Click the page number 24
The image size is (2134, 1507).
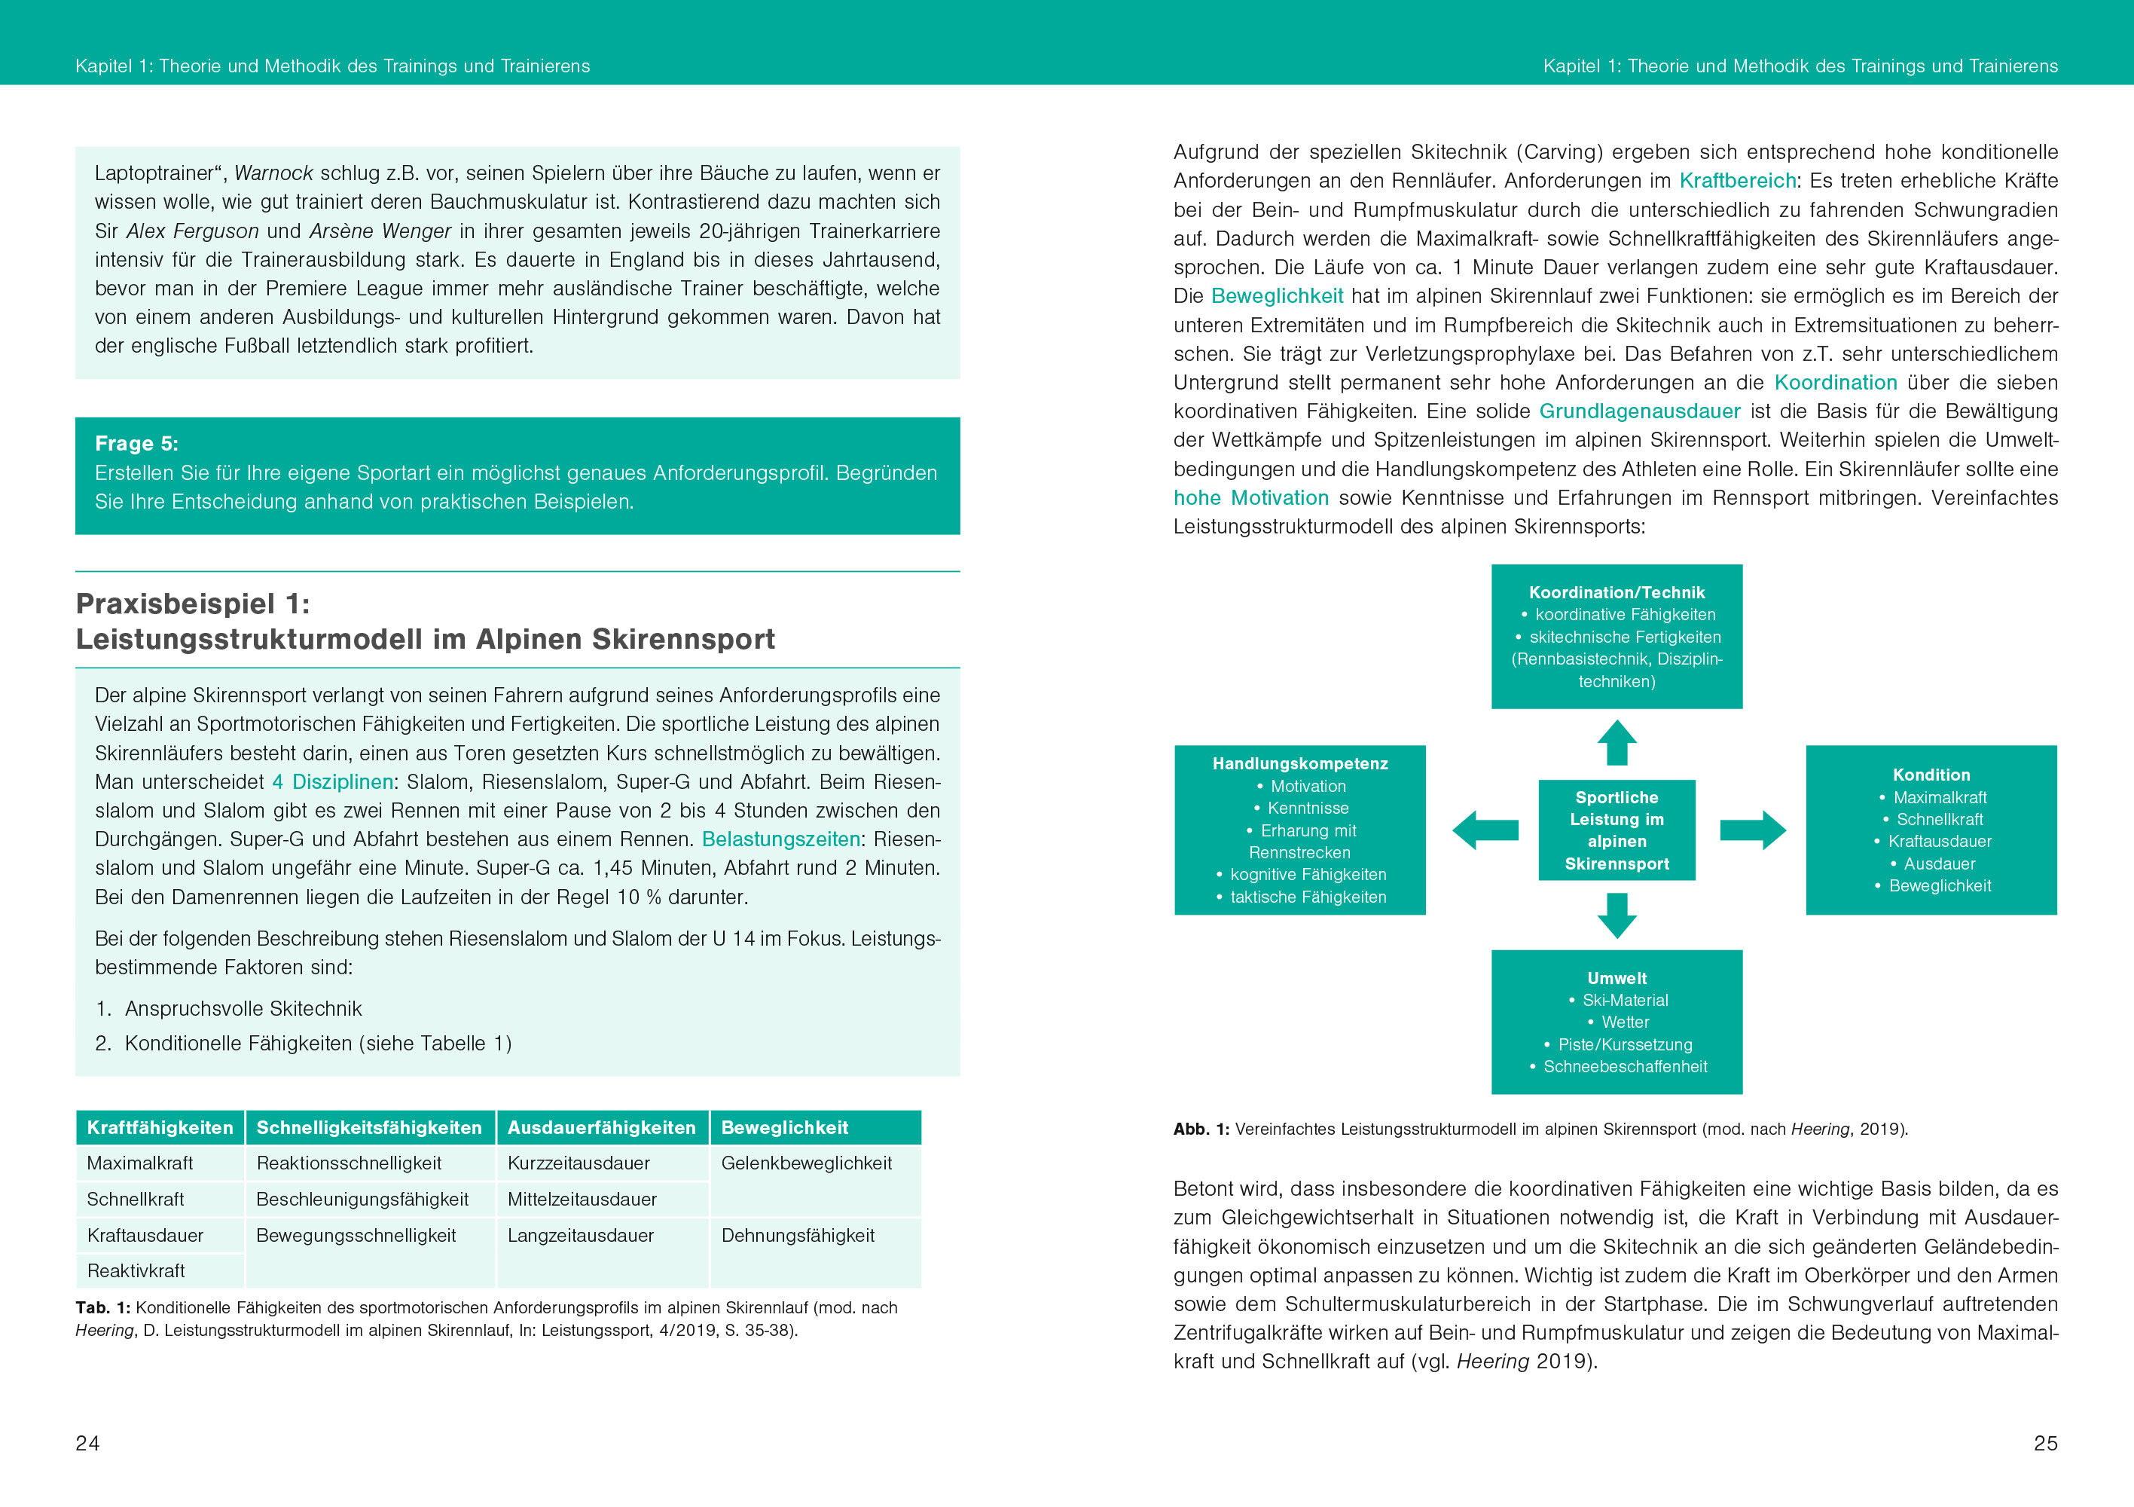(x=87, y=1443)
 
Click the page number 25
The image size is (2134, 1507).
(x=2046, y=1443)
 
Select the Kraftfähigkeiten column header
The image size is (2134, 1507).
(x=160, y=1128)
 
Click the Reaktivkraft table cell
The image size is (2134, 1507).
(x=136, y=1271)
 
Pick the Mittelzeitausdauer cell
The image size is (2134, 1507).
(x=582, y=1200)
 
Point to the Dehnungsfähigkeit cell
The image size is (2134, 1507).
(x=798, y=1236)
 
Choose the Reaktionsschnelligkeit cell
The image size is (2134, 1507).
(x=349, y=1163)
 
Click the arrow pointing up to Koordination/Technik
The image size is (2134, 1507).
(x=1617, y=743)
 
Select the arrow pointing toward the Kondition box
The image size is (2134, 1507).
(x=1753, y=830)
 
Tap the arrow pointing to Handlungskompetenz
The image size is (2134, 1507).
(x=1485, y=830)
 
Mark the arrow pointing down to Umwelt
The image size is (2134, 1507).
(x=1617, y=916)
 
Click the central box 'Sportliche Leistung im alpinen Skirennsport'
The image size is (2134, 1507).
(x=1617, y=830)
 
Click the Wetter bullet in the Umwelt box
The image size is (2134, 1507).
(x=1625, y=1022)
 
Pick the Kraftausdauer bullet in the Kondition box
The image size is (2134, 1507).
(x=1939, y=842)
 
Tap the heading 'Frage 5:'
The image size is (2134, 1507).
(x=136, y=444)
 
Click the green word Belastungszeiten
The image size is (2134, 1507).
(x=780, y=839)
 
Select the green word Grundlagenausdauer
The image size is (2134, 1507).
(x=1640, y=411)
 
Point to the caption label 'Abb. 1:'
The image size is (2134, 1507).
(x=1201, y=1129)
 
